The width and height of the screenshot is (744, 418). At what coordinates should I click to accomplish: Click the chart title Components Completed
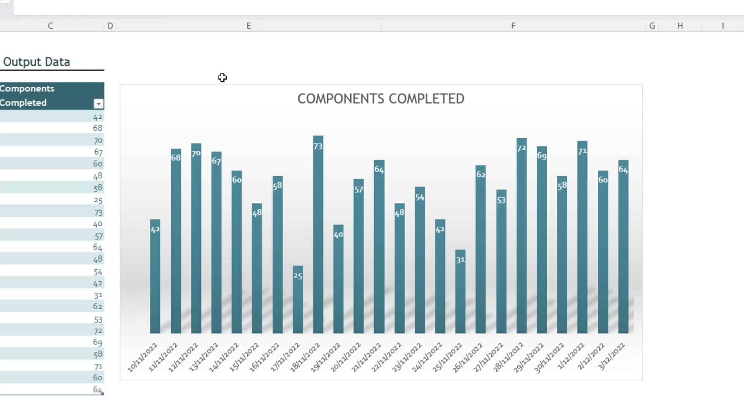coord(381,99)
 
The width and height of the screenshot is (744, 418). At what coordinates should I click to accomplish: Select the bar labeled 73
coord(318,232)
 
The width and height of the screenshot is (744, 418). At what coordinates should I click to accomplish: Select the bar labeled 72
coord(521,236)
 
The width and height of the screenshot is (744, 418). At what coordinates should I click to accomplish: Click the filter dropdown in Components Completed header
coord(98,104)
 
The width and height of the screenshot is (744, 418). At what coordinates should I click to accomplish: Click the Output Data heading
coord(36,62)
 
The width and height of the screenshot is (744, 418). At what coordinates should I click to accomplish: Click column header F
coord(513,26)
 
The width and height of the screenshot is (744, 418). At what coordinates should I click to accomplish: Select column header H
coord(680,26)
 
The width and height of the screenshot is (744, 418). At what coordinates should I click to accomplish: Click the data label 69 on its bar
coord(541,156)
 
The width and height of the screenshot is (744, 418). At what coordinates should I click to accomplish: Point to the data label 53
coord(501,200)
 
